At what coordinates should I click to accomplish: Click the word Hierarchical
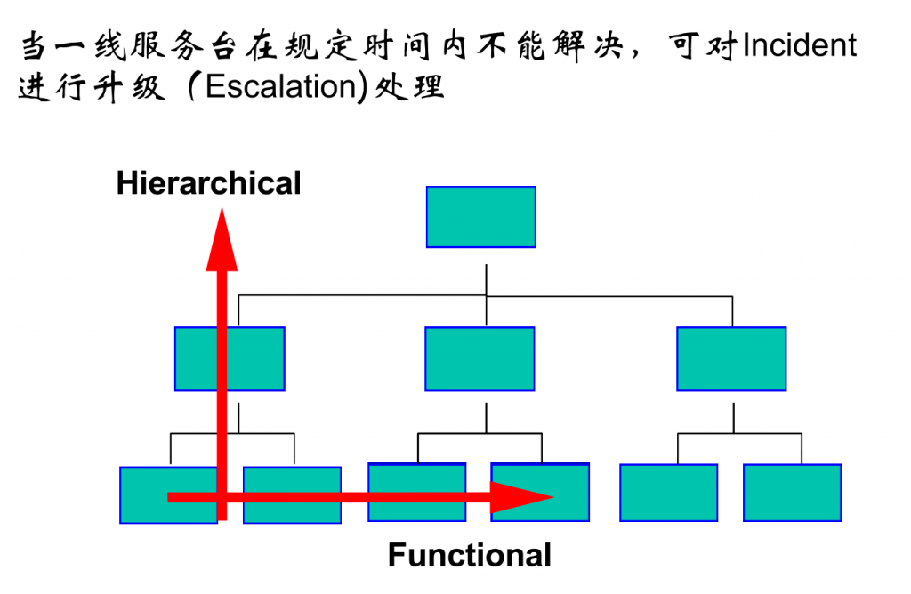point(208,183)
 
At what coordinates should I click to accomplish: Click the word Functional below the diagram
point(469,555)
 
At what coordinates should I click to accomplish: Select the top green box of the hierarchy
point(480,216)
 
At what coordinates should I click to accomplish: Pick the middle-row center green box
point(480,358)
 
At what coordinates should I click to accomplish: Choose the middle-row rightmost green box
point(731,358)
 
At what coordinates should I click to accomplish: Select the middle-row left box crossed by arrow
point(230,358)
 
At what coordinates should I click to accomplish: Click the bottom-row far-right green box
point(792,493)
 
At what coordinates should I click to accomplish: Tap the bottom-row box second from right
point(668,493)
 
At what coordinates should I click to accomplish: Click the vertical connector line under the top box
point(486,277)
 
